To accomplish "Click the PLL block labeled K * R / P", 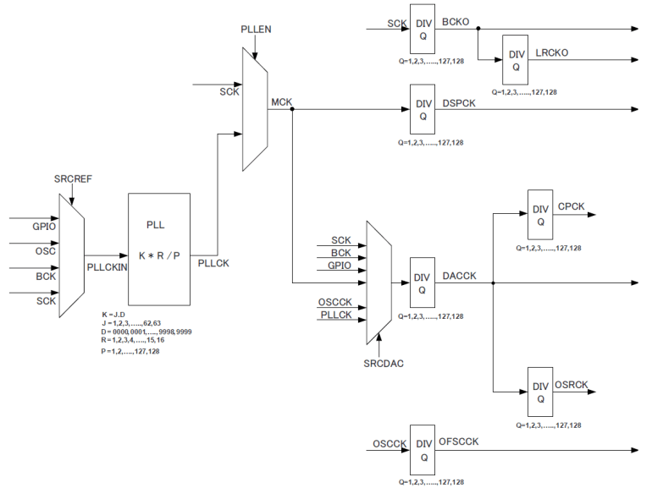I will click(160, 249).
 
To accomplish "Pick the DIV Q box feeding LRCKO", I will click(516, 60).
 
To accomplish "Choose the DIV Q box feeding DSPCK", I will click(423, 109).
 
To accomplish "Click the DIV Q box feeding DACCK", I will click(423, 283).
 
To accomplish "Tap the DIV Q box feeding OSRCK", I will click(540, 392).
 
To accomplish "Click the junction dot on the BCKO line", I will click(478, 28).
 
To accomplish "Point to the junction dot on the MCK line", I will click(292, 109).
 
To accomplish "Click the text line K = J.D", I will click(113, 315).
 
